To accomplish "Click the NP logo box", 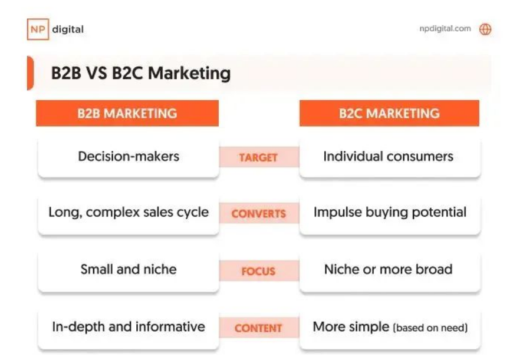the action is [x=38, y=29].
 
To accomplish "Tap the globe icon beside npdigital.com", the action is [x=485, y=29].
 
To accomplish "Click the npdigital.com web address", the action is [x=445, y=29].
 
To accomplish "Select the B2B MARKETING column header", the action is [x=127, y=113].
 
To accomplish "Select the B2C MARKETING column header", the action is [x=389, y=113].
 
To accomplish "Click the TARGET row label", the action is [x=258, y=157].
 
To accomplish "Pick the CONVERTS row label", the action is [x=258, y=213].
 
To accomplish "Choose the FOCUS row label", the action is [x=258, y=271].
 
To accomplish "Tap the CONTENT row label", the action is [x=258, y=328].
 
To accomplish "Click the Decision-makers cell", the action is [x=129, y=157].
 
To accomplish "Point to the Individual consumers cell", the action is [x=390, y=157].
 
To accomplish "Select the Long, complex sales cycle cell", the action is [x=129, y=213].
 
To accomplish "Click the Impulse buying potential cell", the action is [x=390, y=213].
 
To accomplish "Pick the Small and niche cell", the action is [x=129, y=270].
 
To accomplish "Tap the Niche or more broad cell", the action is [x=390, y=270].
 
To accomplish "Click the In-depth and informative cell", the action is [x=129, y=328].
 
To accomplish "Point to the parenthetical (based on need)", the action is [x=430, y=328].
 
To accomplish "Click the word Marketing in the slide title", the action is [x=189, y=73].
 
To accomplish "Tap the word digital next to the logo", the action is [x=68, y=29].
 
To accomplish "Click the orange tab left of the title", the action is [x=30, y=73].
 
